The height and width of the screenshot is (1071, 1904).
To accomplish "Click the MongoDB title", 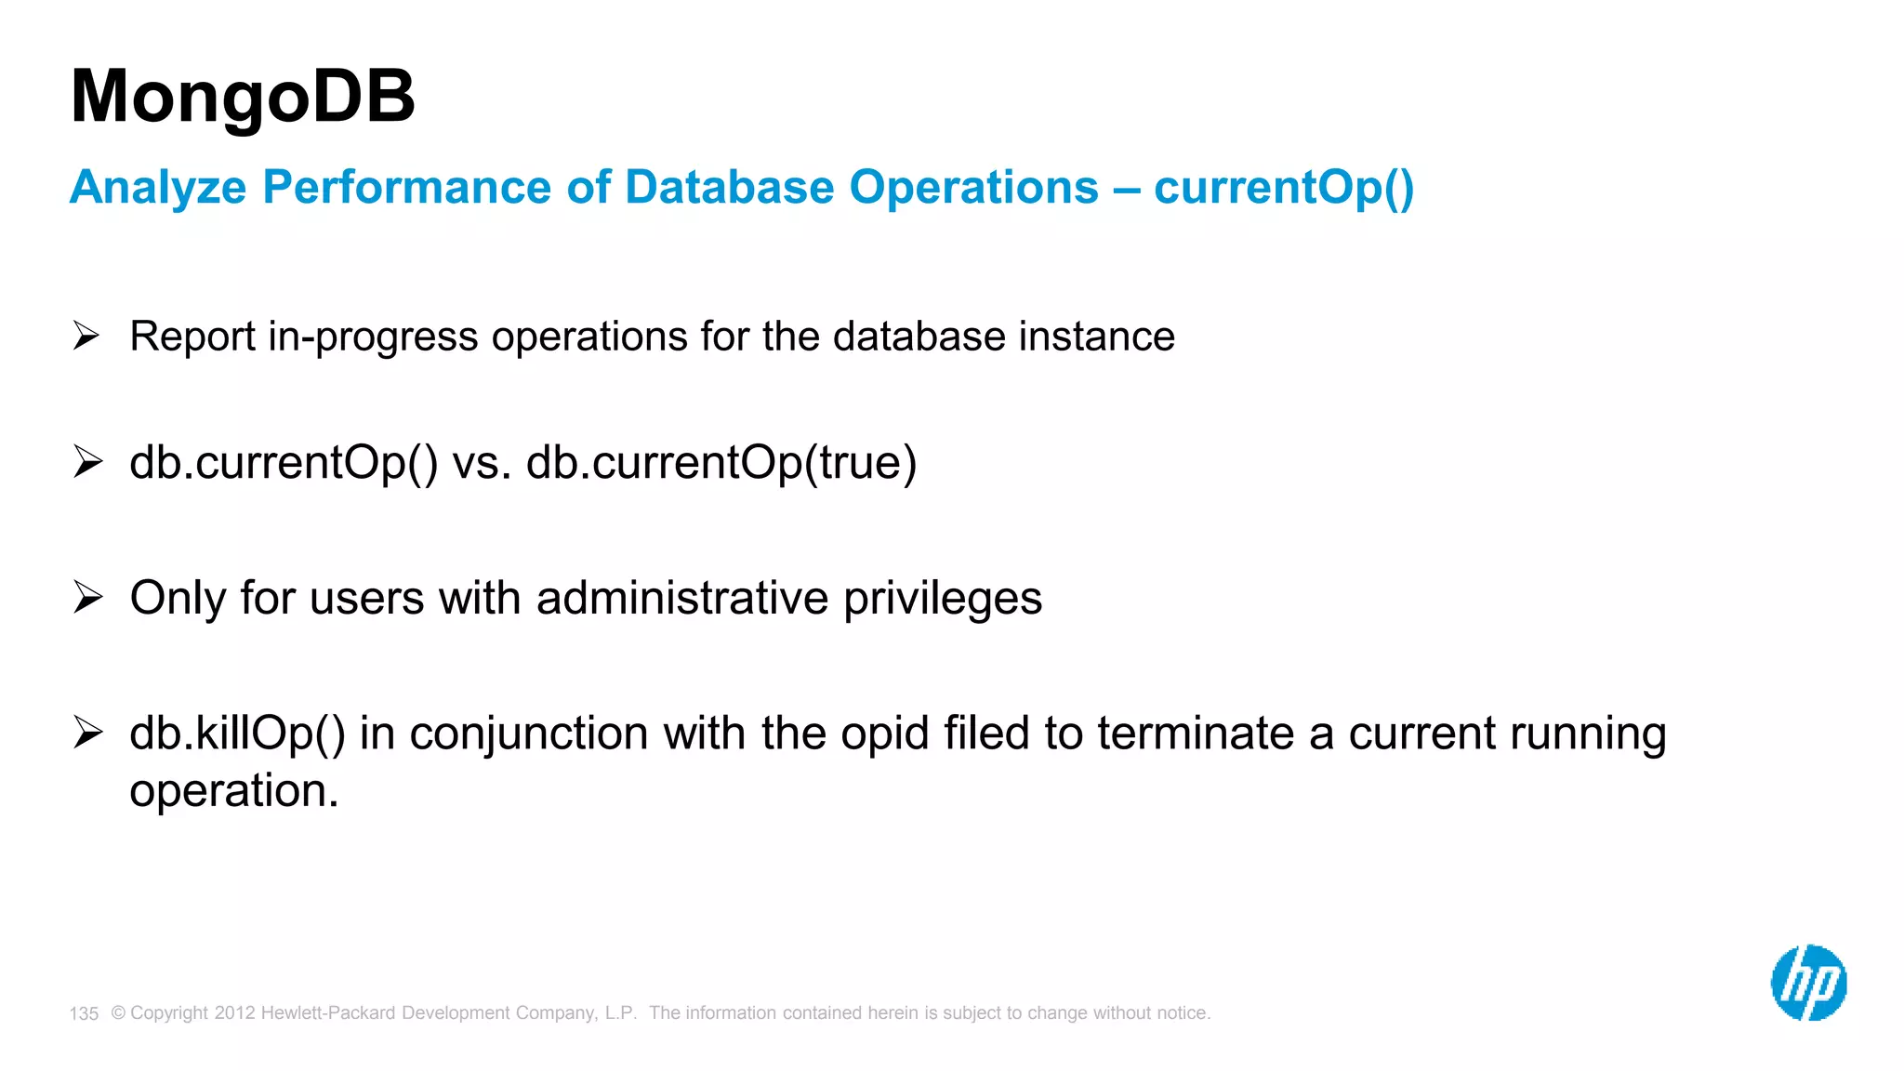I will [243, 97].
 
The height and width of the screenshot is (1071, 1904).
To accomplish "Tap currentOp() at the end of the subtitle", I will [1284, 188].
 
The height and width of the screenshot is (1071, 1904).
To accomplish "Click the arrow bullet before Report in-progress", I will [86, 335].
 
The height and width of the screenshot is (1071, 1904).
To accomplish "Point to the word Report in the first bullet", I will [192, 337].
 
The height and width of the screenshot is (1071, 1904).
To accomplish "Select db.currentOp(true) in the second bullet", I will [721, 463].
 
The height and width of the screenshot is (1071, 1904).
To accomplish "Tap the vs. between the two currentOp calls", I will [482, 463].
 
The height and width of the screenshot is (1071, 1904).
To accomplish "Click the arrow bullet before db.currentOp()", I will [86, 461].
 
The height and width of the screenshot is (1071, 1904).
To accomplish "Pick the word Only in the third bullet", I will [177, 598].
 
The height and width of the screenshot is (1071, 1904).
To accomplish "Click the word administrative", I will [681, 598].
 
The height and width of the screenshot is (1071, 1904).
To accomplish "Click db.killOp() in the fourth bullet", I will [237, 734].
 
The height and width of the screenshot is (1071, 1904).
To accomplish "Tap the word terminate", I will [1196, 734].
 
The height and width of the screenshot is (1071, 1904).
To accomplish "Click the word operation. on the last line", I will [234, 792].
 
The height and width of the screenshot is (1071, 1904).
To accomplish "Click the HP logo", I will [1808, 983].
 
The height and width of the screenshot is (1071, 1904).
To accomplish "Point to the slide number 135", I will [84, 1013].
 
